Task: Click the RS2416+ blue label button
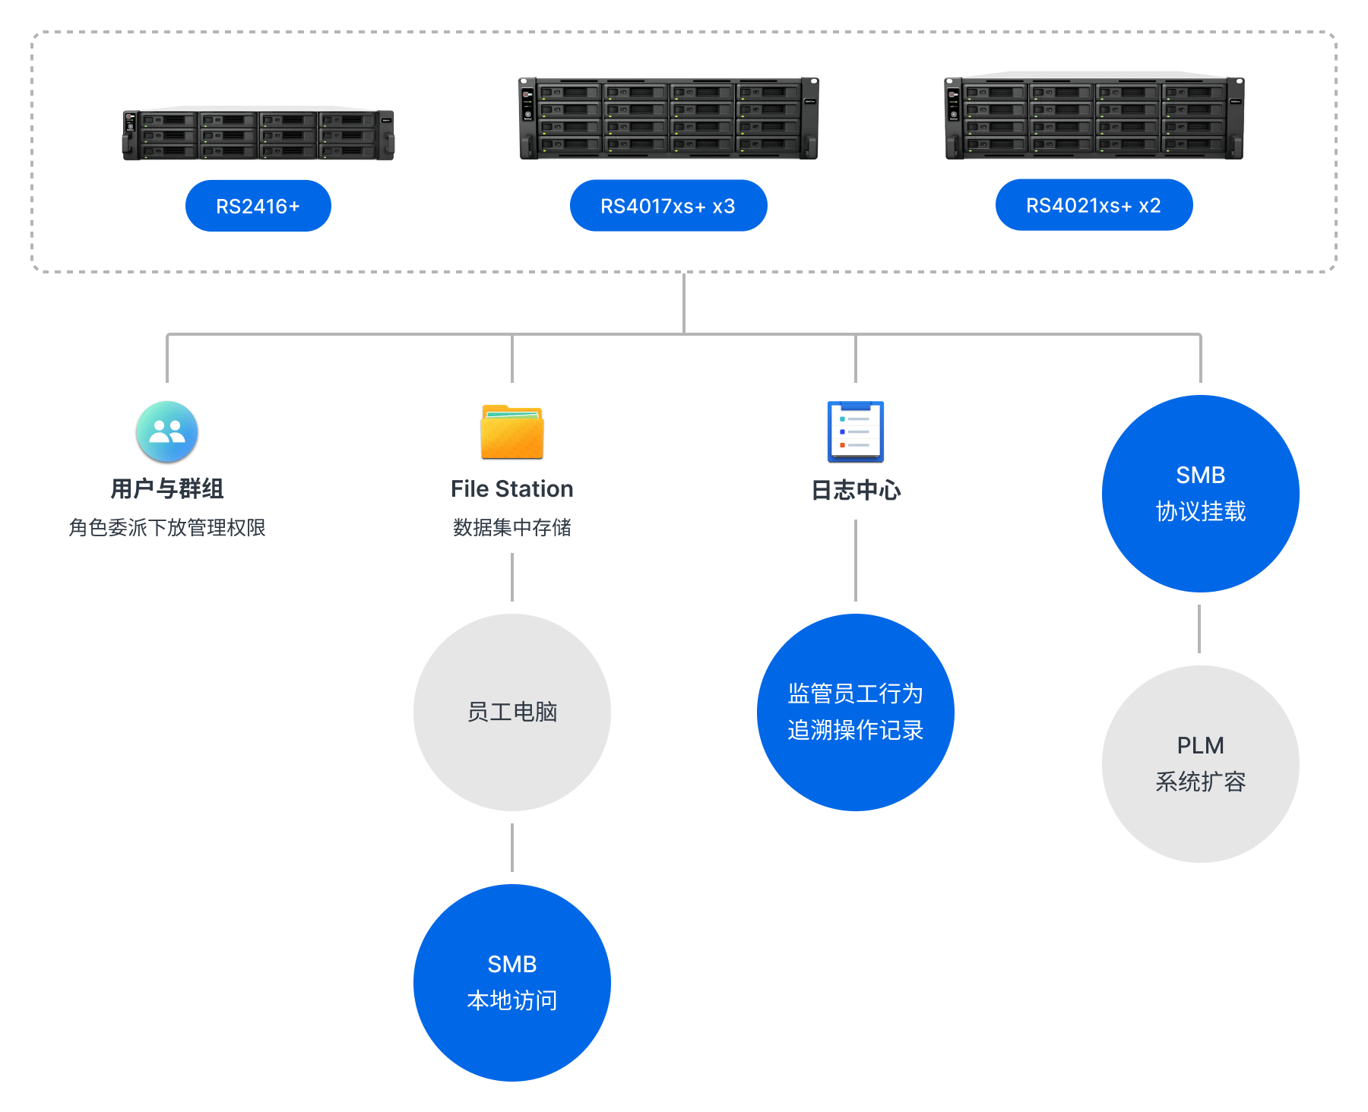click(x=258, y=206)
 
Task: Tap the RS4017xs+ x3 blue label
click(x=668, y=206)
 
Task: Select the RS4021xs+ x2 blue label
click(x=1094, y=205)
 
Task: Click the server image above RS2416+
click(x=258, y=134)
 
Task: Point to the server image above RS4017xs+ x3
click(x=668, y=118)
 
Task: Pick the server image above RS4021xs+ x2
click(x=1094, y=118)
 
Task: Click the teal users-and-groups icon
click(x=167, y=431)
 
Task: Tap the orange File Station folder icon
click(x=512, y=432)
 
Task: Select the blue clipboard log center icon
click(x=856, y=431)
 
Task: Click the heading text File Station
click(x=512, y=489)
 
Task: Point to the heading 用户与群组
click(x=167, y=489)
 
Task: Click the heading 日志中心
click(x=856, y=490)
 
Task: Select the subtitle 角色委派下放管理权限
click(x=167, y=527)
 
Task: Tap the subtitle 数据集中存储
click(x=512, y=527)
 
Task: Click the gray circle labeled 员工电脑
click(x=512, y=712)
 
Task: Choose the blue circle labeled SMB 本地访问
click(x=512, y=982)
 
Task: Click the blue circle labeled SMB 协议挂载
click(x=1200, y=493)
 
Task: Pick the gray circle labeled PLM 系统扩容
click(x=1200, y=763)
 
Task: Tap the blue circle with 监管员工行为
click(x=856, y=712)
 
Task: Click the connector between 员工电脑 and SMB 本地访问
click(x=512, y=848)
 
